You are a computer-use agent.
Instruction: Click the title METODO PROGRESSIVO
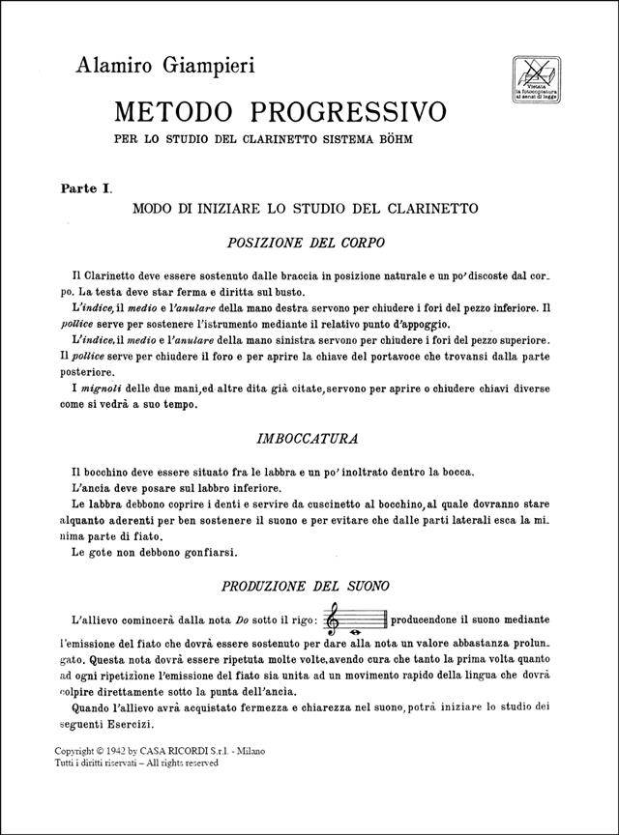pos(280,111)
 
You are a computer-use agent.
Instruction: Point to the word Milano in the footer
pos(256,751)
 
